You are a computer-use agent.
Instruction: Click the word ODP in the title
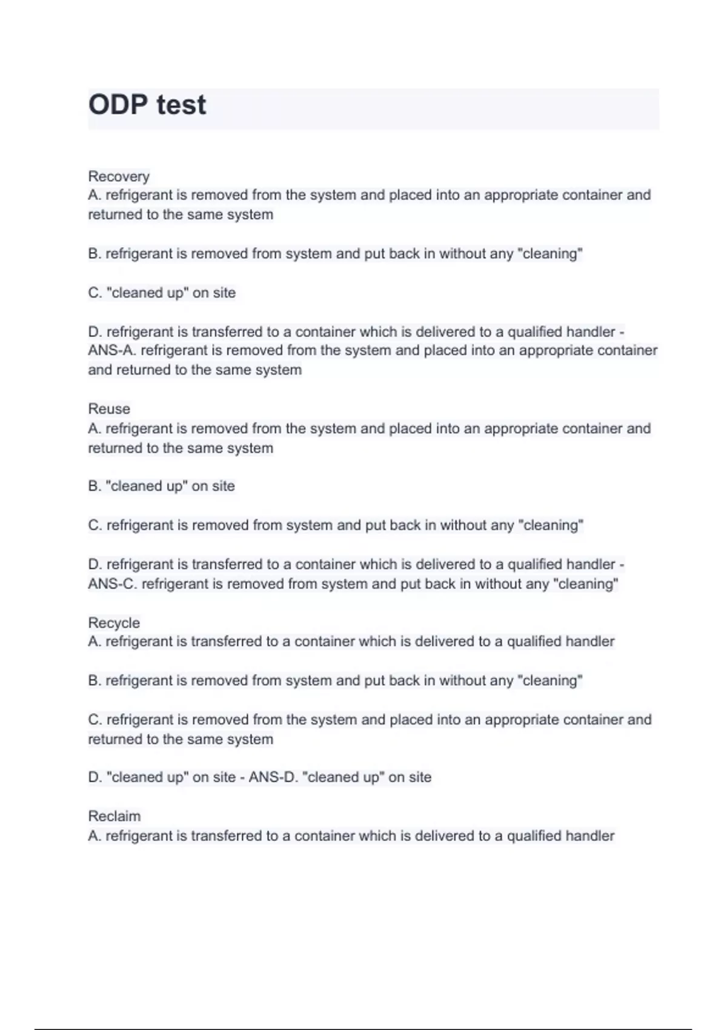118,105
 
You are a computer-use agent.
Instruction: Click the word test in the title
181,105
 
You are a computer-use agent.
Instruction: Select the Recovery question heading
119,176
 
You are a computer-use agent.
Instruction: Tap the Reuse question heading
109,409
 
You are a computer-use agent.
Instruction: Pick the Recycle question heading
114,623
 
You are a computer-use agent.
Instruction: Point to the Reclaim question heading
115,816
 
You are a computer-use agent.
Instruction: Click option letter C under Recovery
95,293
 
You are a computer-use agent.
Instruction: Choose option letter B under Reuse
94,486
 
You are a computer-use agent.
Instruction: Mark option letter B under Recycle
94,680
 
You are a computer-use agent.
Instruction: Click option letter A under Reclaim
94,836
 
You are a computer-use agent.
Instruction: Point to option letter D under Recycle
95,777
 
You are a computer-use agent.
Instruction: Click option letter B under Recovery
94,254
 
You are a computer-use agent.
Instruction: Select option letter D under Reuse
95,565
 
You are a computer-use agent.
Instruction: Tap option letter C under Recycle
95,720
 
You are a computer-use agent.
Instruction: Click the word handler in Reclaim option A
591,836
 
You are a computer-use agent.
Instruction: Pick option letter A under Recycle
94,642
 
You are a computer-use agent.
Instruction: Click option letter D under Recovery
95,332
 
